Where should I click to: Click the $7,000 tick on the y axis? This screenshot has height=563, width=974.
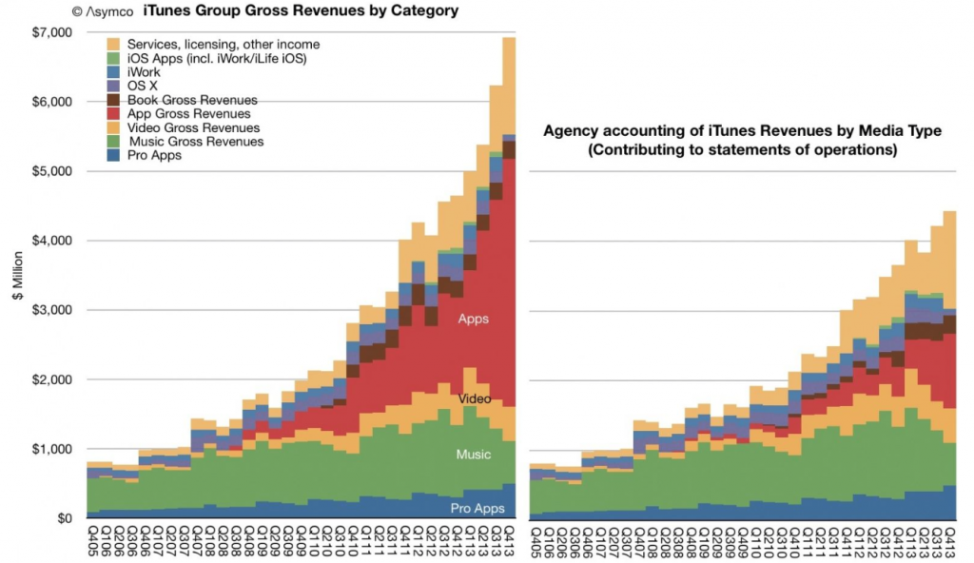(52, 33)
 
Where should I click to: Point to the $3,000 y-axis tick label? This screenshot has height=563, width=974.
(52, 311)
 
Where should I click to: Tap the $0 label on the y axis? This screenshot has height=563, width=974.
(64, 518)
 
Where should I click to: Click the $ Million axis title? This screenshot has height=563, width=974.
(16, 276)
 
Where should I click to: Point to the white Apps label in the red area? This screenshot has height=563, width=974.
(473, 320)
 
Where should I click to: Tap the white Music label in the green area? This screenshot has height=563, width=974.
(473, 455)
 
